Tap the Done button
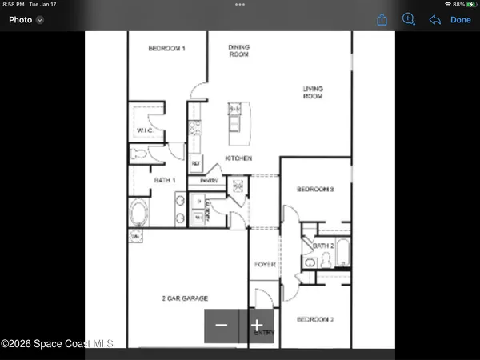pos(461,20)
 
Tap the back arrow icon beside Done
pos(435,20)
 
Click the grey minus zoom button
pos(222,326)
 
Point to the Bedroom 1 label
pos(166,49)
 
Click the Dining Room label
pos(239,51)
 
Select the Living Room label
pos(313,93)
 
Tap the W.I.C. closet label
pos(146,130)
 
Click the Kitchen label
pos(238,158)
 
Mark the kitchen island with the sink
pos(234,118)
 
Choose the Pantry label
pos(198,182)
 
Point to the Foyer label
pos(265,264)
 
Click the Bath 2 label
pos(323,246)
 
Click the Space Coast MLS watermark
pos(57,344)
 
